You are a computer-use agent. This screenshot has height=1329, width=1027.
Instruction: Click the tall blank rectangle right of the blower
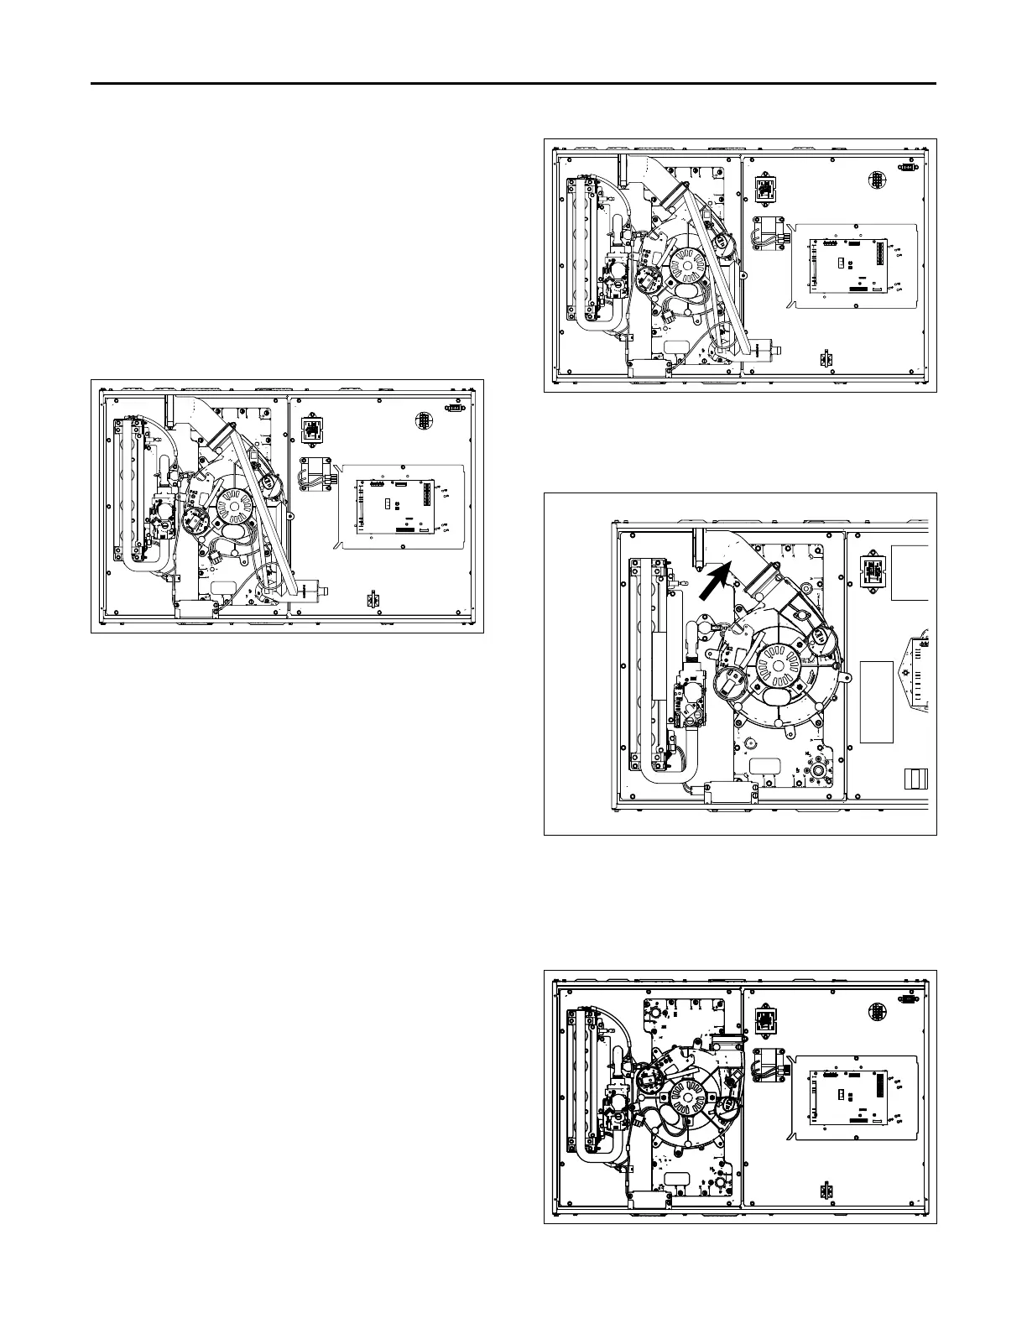876,701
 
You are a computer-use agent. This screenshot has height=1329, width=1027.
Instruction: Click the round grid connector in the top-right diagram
876,180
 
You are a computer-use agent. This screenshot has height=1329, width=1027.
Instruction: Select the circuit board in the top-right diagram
847,267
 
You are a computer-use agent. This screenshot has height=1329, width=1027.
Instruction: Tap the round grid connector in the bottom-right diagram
876,1014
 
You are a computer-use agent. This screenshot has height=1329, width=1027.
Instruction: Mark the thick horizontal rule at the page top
513,84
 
